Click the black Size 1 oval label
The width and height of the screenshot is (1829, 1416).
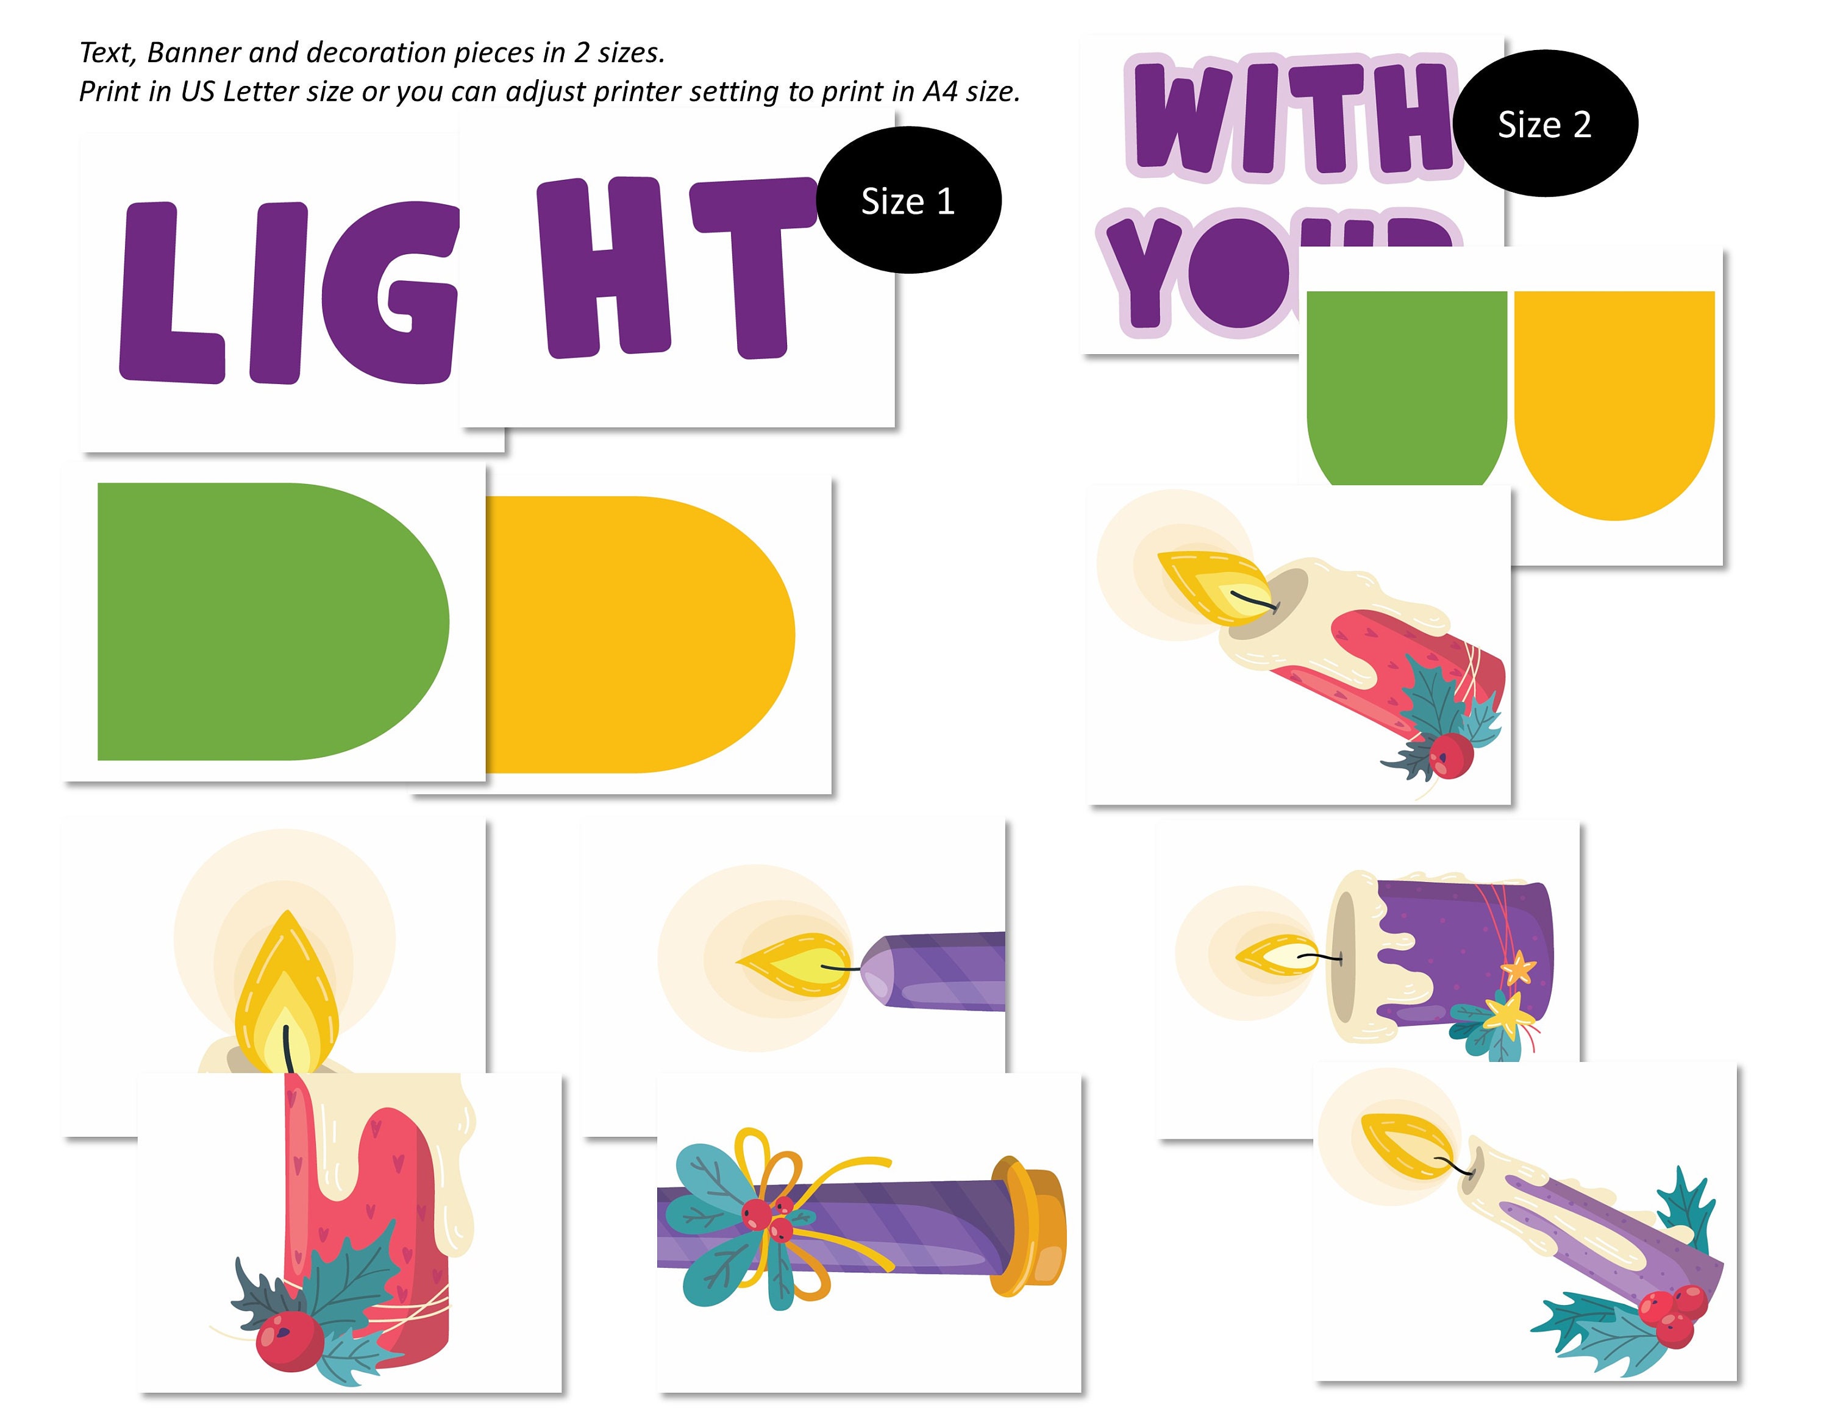[908, 201]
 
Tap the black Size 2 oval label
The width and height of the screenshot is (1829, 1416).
[1545, 124]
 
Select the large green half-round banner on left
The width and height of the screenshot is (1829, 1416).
[268, 621]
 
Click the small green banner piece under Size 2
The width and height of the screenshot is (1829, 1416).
[1407, 385]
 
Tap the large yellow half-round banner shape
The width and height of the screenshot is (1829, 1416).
[636, 634]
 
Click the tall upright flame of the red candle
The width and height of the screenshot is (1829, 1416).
[287, 997]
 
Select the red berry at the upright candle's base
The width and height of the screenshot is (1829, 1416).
[289, 1340]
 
